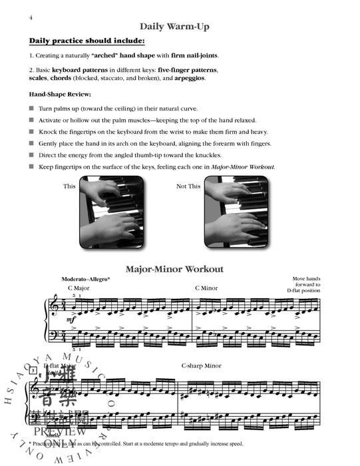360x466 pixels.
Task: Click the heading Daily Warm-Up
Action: point(180,27)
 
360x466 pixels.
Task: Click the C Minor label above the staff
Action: point(207,288)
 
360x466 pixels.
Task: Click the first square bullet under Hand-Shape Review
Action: point(31,108)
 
